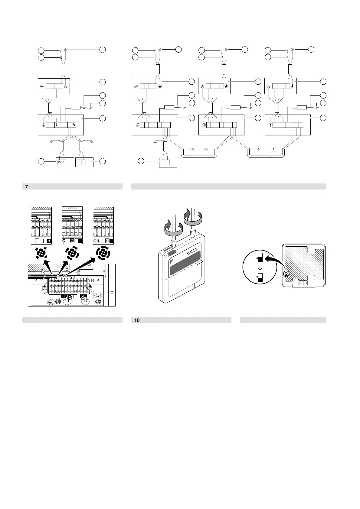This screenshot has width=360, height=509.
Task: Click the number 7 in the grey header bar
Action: tap(27, 187)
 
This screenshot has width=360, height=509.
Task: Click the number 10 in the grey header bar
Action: tap(137, 320)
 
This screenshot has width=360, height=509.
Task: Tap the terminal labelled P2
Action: tap(74, 125)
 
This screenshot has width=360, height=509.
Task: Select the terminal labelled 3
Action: tap(56, 125)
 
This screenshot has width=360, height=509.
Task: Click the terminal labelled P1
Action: tap(59, 162)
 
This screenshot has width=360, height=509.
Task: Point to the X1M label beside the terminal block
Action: tap(92, 281)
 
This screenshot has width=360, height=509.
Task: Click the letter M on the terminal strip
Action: tap(72, 241)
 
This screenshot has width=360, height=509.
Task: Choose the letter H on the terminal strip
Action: tap(107, 241)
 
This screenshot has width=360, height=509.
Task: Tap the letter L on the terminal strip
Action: tap(99, 241)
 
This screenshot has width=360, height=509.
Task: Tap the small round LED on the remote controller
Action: tap(188, 253)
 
